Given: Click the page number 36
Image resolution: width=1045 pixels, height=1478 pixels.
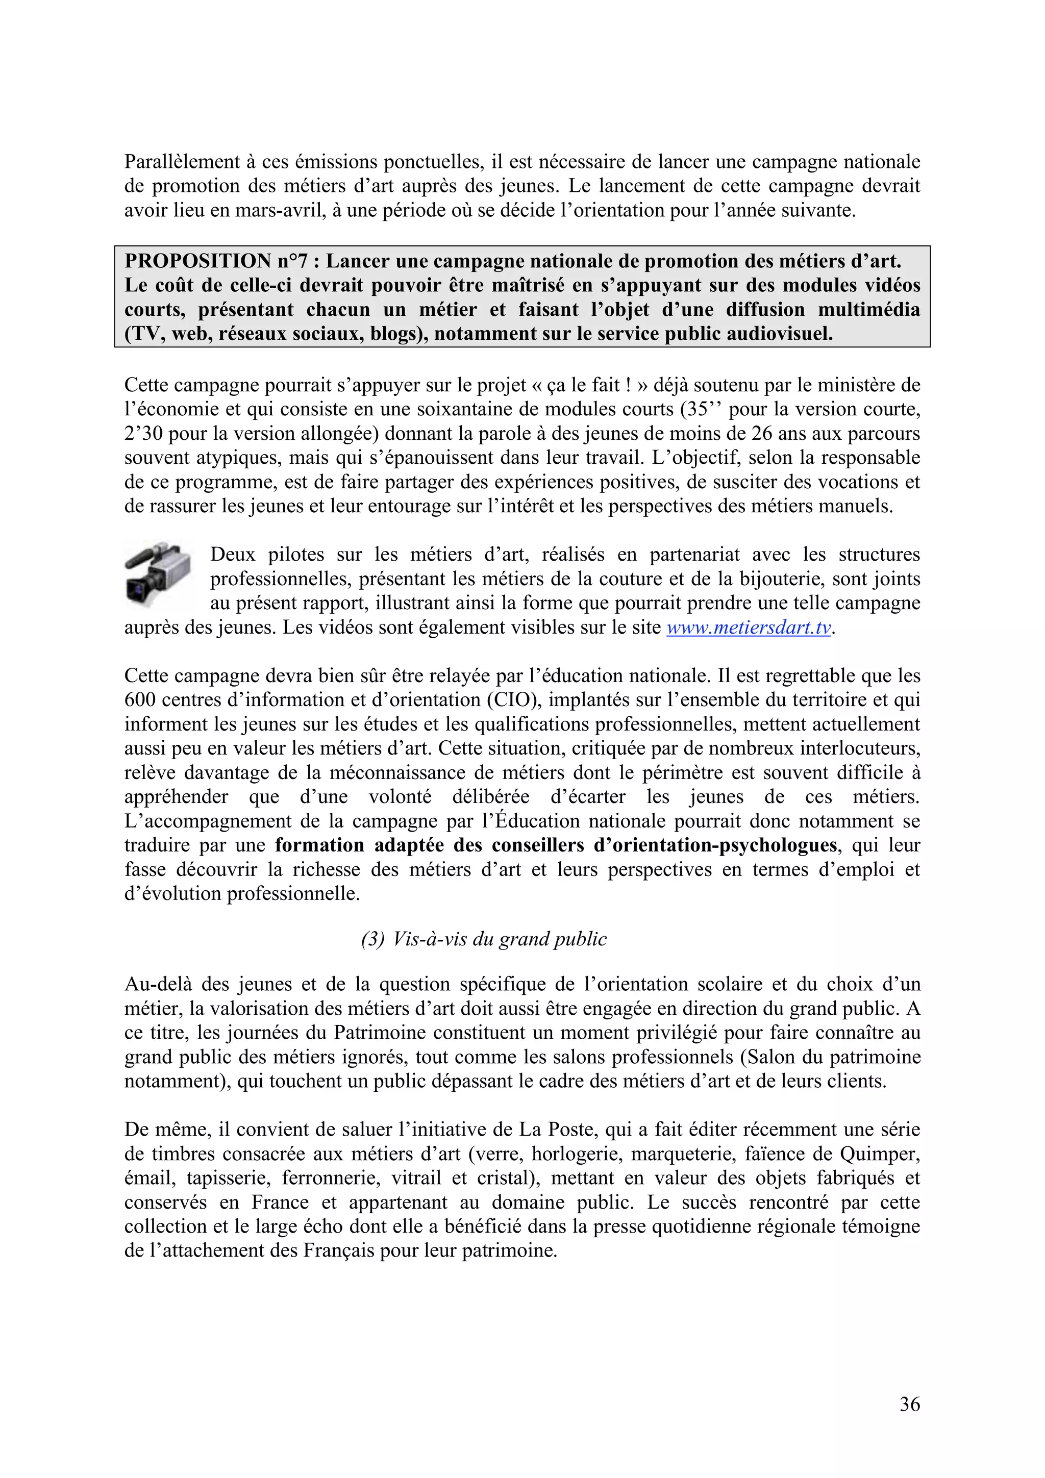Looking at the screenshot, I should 909,1404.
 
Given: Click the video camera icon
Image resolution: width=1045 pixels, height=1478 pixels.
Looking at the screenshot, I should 158,574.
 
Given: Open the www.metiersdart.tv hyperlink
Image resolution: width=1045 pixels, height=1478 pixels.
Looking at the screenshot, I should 749,628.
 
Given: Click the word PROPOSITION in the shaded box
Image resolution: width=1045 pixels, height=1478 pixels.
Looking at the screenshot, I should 197,261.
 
